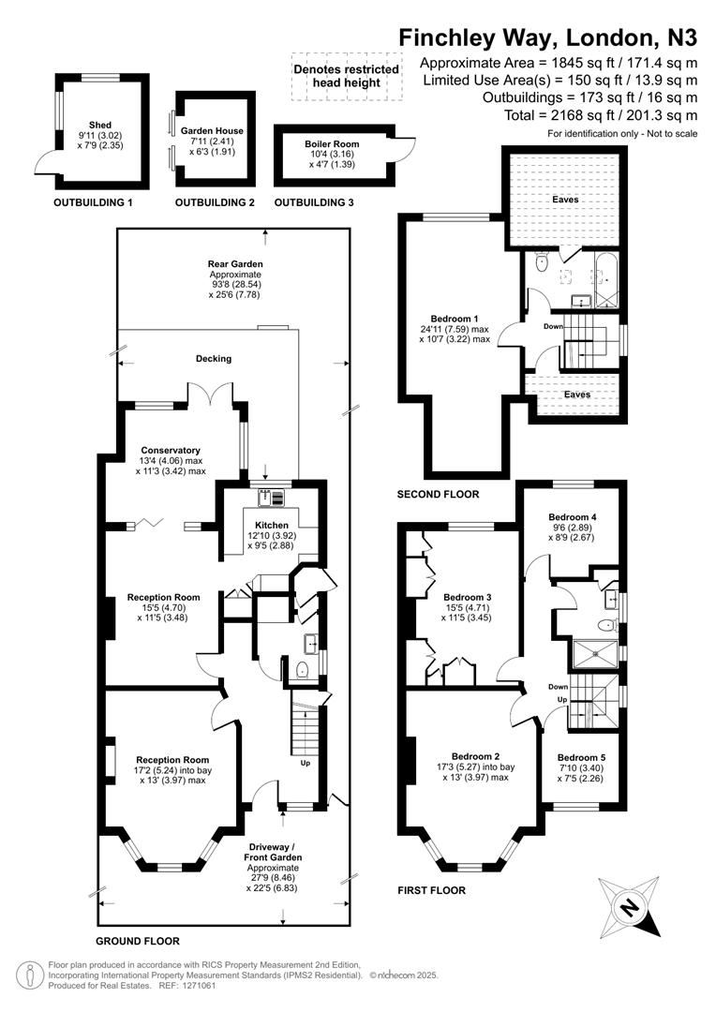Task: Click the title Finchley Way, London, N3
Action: pos(548,37)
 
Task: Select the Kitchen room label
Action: pos(266,525)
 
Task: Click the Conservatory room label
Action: pos(153,451)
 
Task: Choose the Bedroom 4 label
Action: pos(571,517)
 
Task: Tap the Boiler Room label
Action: pos(332,144)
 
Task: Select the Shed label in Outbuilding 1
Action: pos(99,125)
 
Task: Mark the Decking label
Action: pos(213,358)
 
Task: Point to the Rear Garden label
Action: pos(234,264)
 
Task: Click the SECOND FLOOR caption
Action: pos(438,494)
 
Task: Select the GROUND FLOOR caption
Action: pos(137,940)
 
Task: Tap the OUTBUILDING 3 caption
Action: pos(314,202)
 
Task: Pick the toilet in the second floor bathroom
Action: pos(542,265)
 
